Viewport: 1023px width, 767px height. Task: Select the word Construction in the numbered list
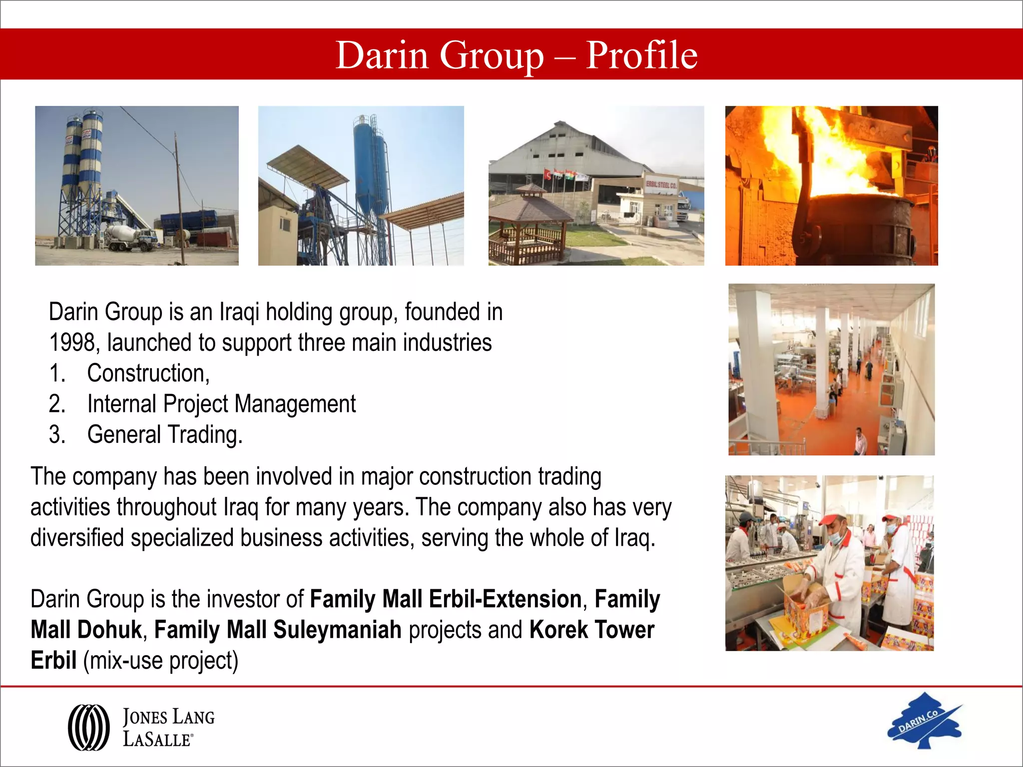point(147,374)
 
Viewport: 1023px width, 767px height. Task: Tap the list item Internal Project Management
point(221,404)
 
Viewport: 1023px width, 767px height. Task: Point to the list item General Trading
point(164,434)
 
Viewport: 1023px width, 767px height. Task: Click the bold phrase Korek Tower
point(591,630)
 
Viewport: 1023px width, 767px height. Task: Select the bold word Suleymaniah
point(337,630)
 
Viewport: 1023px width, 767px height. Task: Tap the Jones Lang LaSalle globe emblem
point(89,727)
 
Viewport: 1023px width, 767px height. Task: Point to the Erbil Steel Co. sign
point(661,185)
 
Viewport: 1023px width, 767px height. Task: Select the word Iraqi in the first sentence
point(239,313)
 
